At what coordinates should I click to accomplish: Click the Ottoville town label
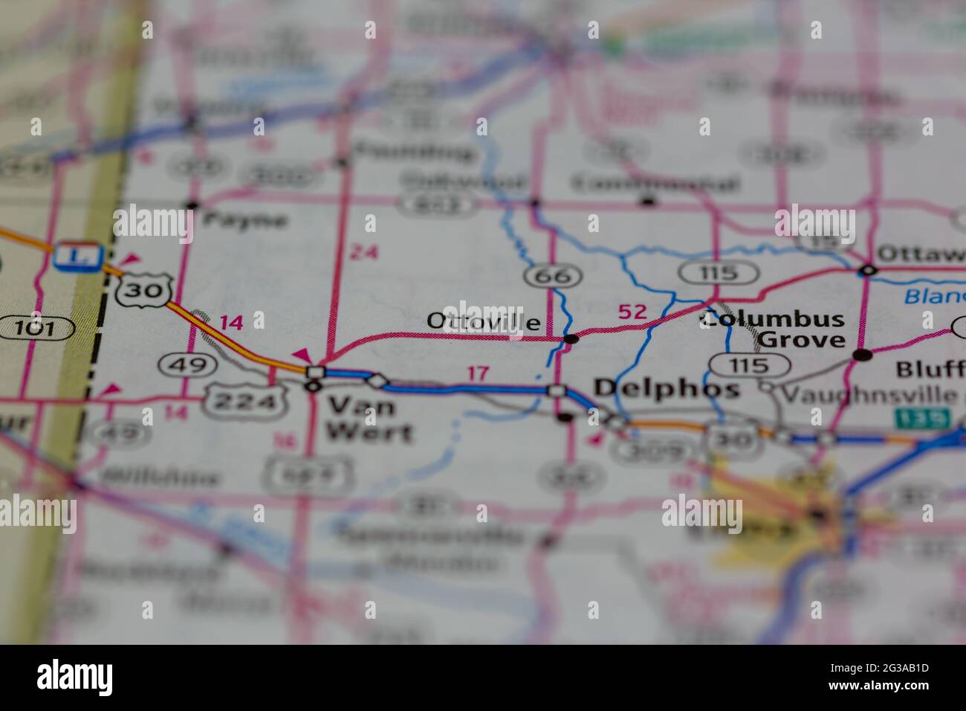(484, 321)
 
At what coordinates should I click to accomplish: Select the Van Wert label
(362, 417)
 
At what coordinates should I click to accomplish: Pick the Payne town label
(244, 219)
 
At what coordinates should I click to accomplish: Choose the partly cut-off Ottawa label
(921, 253)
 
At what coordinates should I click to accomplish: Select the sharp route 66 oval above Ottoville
(552, 277)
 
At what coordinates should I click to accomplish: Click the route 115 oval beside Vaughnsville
(749, 365)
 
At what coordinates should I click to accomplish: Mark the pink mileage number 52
(632, 312)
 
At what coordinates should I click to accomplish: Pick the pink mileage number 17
(479, 373)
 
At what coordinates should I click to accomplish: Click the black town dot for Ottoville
(571, 339)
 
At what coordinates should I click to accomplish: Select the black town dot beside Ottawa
(866, 269)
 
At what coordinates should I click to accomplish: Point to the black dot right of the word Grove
(862, 355)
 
